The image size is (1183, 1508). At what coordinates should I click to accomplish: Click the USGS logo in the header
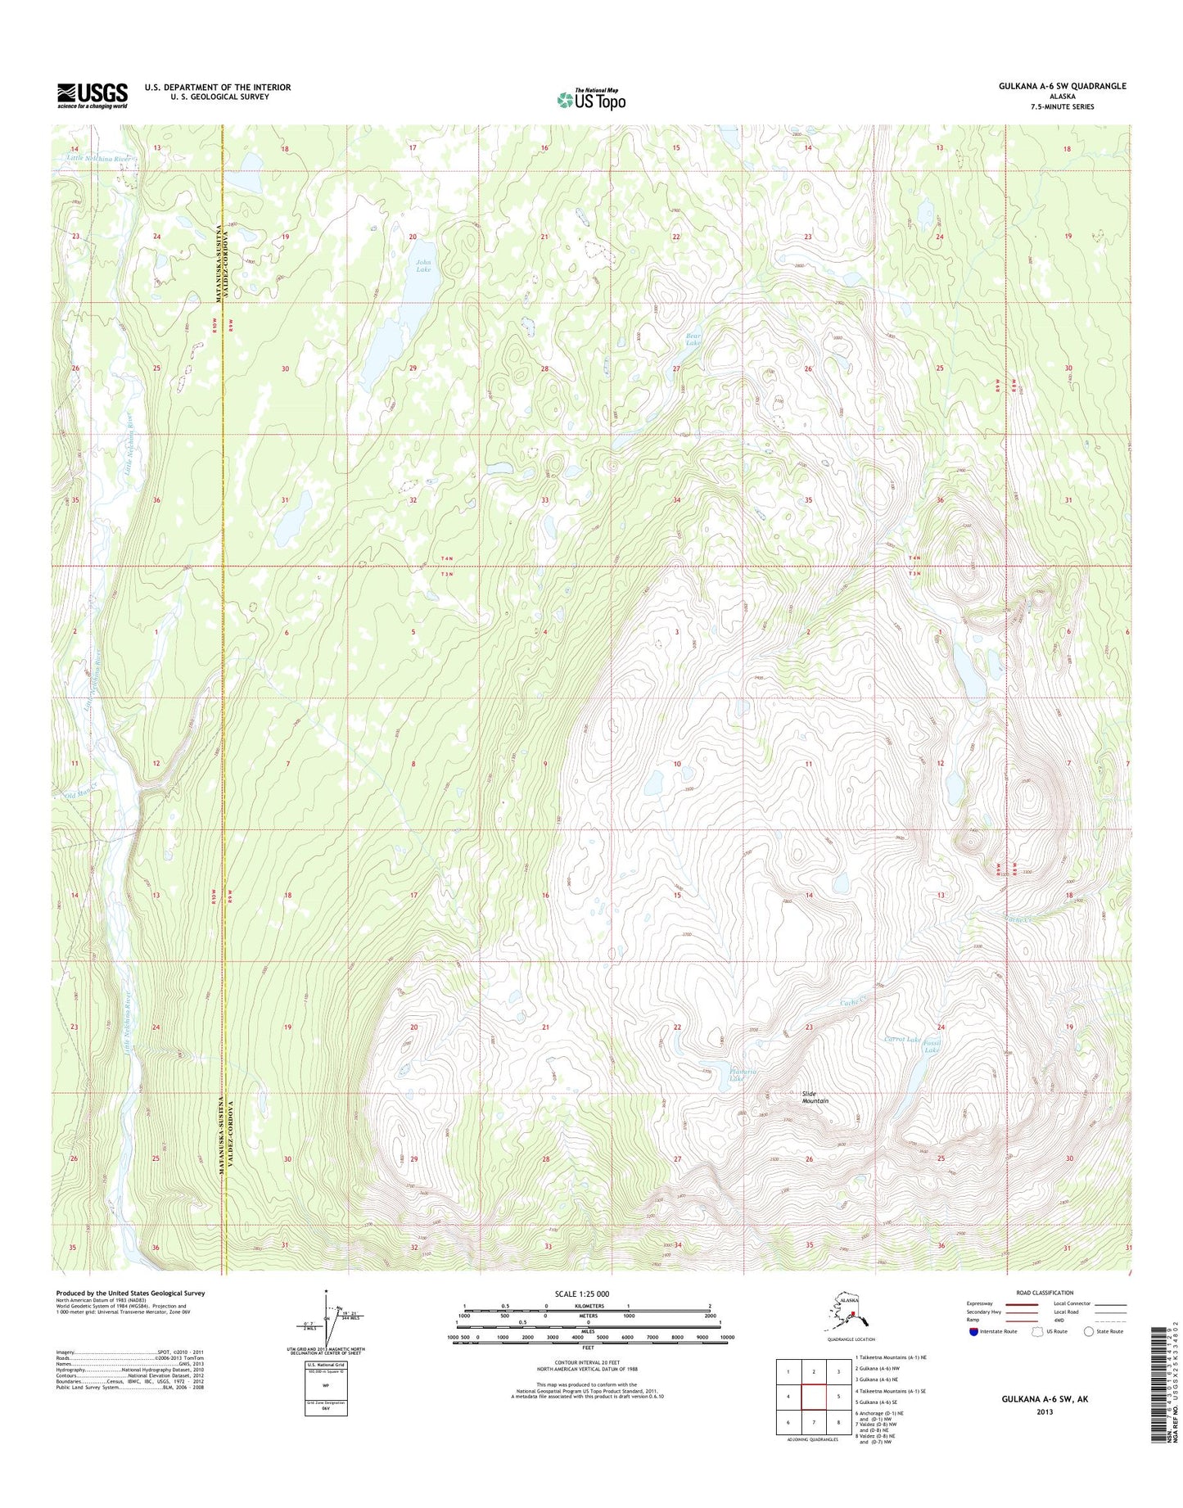point(92,95)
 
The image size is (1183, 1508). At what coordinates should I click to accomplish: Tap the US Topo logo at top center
point(591,99)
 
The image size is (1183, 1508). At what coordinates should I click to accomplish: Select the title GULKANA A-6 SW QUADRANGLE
point(1062,86)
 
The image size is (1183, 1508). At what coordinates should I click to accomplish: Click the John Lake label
point(422,265)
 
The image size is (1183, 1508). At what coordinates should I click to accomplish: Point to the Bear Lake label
point(693,339)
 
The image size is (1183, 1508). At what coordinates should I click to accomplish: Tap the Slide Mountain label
point(815,1097)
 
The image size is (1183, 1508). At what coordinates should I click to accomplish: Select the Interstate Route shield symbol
point(972,1331)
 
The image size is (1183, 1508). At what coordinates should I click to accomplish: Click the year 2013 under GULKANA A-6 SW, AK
point(1044,1411)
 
